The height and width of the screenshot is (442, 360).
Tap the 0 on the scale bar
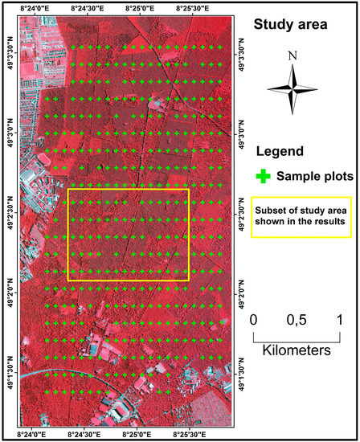click(x=253, y=320)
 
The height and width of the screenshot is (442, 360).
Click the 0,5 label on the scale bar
click(x=297, y=320)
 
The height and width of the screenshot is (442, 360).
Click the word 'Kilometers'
click(x=297, y=351)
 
